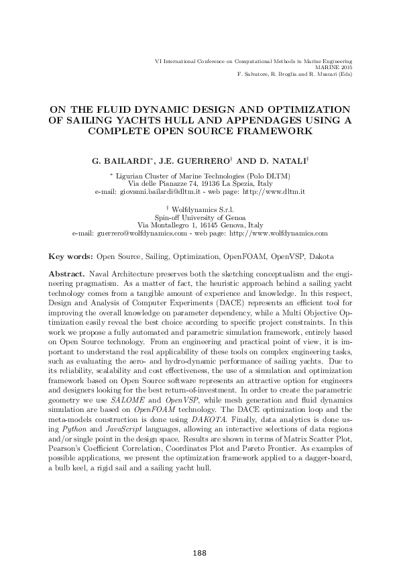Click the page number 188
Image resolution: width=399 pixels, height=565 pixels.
pyautogui.click(x=199, y=553)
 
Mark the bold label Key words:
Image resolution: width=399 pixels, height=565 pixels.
pyautogui.click(x=71, y=257)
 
